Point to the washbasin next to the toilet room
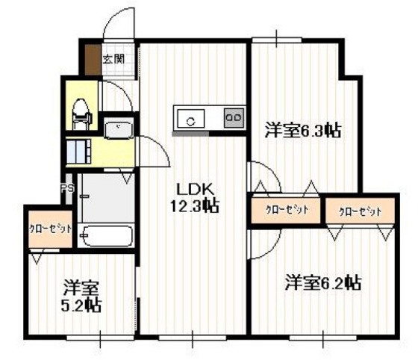tap(118, 131)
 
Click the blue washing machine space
tap(78, 152)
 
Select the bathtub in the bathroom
tap(105, 237)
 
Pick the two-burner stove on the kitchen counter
tap(233, 118)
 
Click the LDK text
tap(191, 187)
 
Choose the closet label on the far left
tap(51, 229)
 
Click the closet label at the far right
tap(360, 211)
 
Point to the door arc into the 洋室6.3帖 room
tap(261, 180)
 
